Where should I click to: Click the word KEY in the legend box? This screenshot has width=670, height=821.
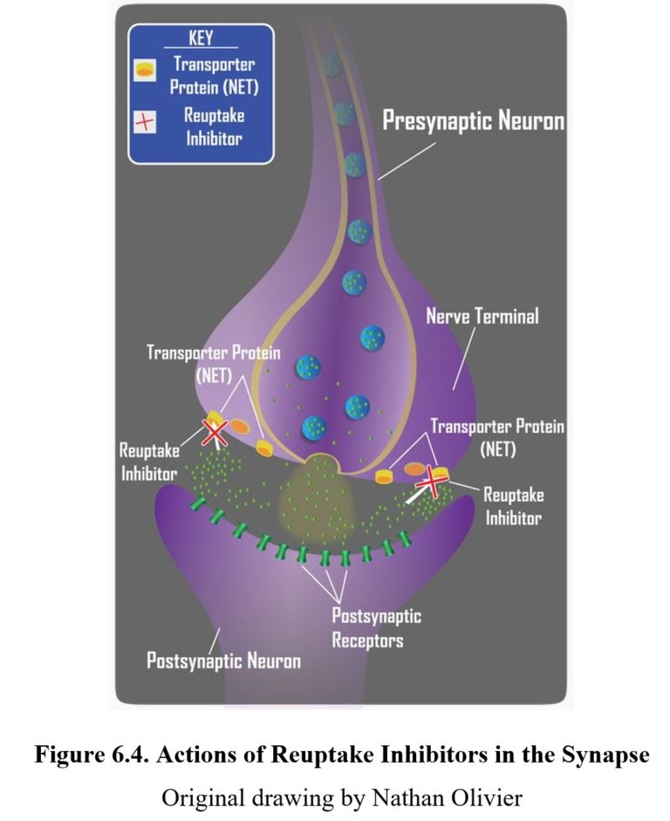[x=201, y=38]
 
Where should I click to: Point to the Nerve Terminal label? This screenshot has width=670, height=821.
[x=482, y=315]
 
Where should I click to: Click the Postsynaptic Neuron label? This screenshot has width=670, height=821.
[x=223, y=660]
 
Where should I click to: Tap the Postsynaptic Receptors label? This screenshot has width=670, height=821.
[x=376, y=627]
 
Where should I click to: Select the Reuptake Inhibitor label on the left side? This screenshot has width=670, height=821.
[x=149, y=462]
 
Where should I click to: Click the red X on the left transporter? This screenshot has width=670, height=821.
[x=215, y=432]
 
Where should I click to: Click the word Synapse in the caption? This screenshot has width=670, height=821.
[x=601, y=756]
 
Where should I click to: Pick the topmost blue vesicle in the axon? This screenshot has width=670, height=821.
[x=332, y=63]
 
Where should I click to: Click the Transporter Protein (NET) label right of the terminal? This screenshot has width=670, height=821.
[x=497, y=439]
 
